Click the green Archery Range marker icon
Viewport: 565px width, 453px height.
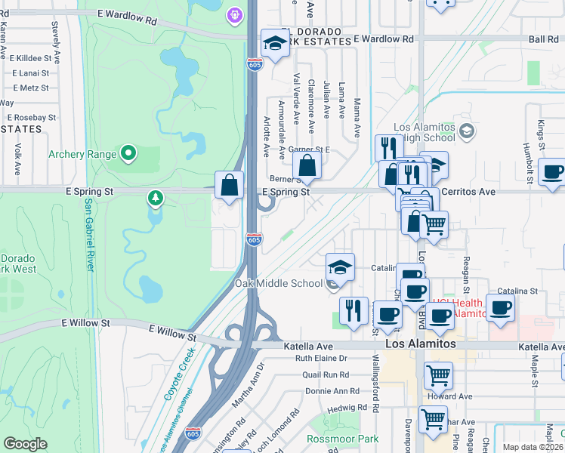coord(128,154)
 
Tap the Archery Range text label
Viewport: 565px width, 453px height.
coord(82,155)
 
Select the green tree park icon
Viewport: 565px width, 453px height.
coord(156,198)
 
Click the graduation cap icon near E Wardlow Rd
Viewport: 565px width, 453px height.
coord(275,43)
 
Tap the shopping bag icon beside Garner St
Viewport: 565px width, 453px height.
coord(307,165)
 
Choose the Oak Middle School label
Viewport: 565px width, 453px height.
coord(278,283)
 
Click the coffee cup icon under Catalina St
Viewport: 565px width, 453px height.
coord(500,308)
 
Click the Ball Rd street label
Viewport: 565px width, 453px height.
coord(543,39)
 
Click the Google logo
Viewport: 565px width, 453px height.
coord(25,443)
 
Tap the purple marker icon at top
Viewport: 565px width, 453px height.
coord(235,14)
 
